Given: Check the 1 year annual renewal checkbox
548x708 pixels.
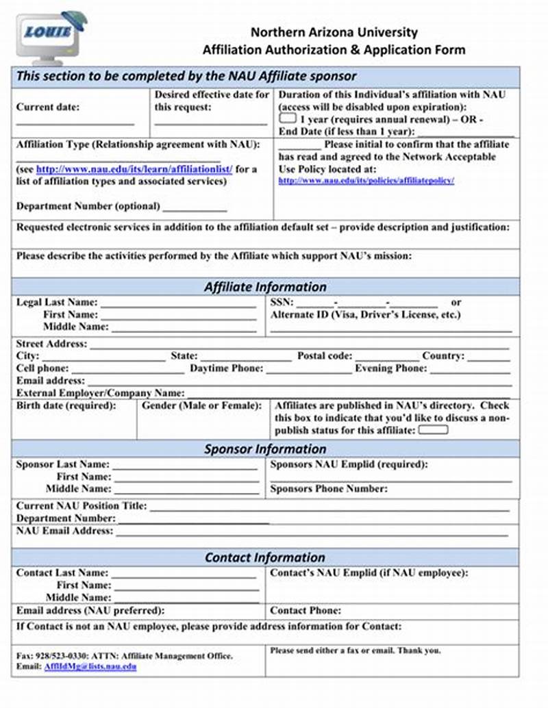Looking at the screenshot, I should click(x=287, y=118).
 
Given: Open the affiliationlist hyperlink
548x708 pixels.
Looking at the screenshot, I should click(x=134, y=169).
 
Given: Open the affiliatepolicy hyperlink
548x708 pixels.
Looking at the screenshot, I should click(x=366, y=181).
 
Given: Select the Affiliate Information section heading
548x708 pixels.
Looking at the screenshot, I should click(x=265, y=287).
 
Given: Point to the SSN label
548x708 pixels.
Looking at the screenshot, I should click(x=282, y=302).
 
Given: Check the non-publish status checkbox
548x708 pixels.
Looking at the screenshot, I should click(x=433, y=430).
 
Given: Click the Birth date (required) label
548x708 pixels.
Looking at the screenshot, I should click(x=66, y=406).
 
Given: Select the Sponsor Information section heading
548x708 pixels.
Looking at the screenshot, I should click(x=265, y=449).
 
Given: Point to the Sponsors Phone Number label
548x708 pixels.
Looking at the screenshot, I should click(x=329, y=489).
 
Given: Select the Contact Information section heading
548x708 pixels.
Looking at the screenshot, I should click(x=265, y=557).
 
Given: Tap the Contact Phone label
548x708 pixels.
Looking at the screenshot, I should click(x=306, y=610).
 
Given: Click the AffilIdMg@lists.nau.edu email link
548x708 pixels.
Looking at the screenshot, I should click(x=90, y=666).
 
